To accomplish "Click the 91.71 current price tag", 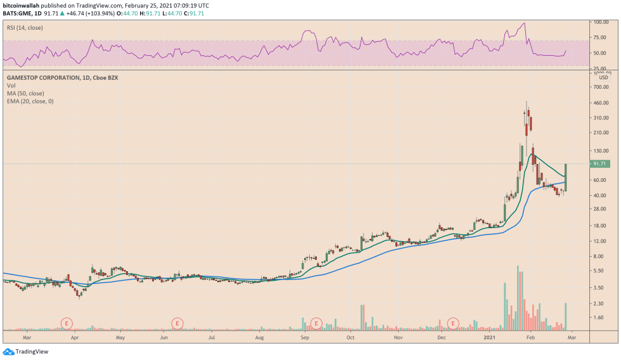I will (x=599, y=164).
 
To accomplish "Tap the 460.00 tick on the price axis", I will (x=601, y=103).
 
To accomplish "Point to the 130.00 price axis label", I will (x=601, y=151).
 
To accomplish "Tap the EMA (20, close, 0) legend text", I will (x=30, y=101).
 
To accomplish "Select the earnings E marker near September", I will (x=316, y=323).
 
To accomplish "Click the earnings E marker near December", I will (x=454, y=323).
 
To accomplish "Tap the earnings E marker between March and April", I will (x=67, y=323).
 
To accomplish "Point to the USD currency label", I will (x=603, y=77).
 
